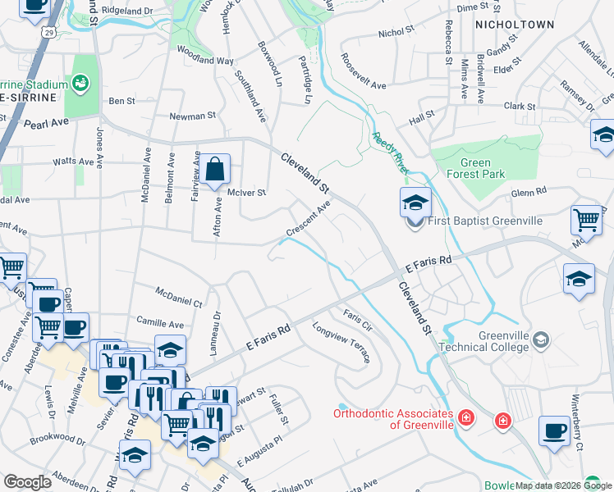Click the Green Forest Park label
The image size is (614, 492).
coord(475,168)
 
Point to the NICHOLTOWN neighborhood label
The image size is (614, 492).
coord(515,25)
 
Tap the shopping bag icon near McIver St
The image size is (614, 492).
coord(214,170)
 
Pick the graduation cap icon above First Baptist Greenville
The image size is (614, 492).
coord(415,201)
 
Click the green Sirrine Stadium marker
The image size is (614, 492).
coord(80,83)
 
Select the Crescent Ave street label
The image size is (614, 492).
coord(308,221)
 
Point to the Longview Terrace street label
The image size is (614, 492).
coord(341,342)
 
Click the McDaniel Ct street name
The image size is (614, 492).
coord(179,297)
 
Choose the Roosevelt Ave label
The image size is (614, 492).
coord(363,71)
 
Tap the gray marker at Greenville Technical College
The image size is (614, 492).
coord(540,339)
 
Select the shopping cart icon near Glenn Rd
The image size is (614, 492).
coord(587,219)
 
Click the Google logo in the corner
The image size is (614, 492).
coord(27,482)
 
